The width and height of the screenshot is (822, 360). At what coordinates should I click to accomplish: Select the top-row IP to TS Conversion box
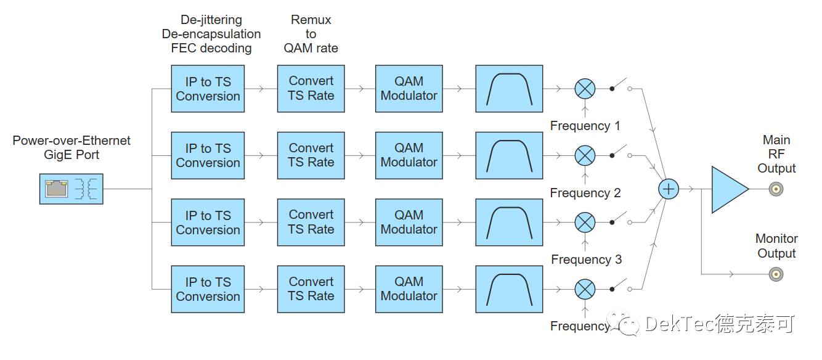(208, 89)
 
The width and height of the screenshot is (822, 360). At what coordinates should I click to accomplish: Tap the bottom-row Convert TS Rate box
(311, 289)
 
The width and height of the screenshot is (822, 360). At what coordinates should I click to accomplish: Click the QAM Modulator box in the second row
(409, 155)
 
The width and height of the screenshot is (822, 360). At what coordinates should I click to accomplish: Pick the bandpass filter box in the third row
(509, 222)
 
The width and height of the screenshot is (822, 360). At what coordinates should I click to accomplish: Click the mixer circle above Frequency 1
(585, 89)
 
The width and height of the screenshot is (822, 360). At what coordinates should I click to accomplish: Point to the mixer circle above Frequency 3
(585, 222)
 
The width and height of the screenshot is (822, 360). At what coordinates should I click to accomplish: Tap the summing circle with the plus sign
(669, 189)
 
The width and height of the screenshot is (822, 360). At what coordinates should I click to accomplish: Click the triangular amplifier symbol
(728, 189)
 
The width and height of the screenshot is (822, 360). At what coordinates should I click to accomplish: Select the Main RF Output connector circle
(776, 189)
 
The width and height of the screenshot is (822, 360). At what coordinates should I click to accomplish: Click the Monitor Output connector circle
(776, 274)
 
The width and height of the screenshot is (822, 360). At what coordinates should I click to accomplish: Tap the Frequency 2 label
(585, 193)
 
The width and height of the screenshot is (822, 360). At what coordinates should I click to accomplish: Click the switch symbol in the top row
(621, 86)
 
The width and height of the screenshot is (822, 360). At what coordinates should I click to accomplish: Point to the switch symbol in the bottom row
(621, 287)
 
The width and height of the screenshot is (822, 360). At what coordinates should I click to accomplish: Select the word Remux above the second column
(311, 20)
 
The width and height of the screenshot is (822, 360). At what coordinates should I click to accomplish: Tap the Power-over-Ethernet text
(71, 141)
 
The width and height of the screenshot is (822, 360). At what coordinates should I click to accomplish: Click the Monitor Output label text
(776, 246)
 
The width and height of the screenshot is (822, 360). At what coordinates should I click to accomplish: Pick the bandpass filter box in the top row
(509, 89)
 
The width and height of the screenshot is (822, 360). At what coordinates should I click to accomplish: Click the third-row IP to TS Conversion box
(208, 223)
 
